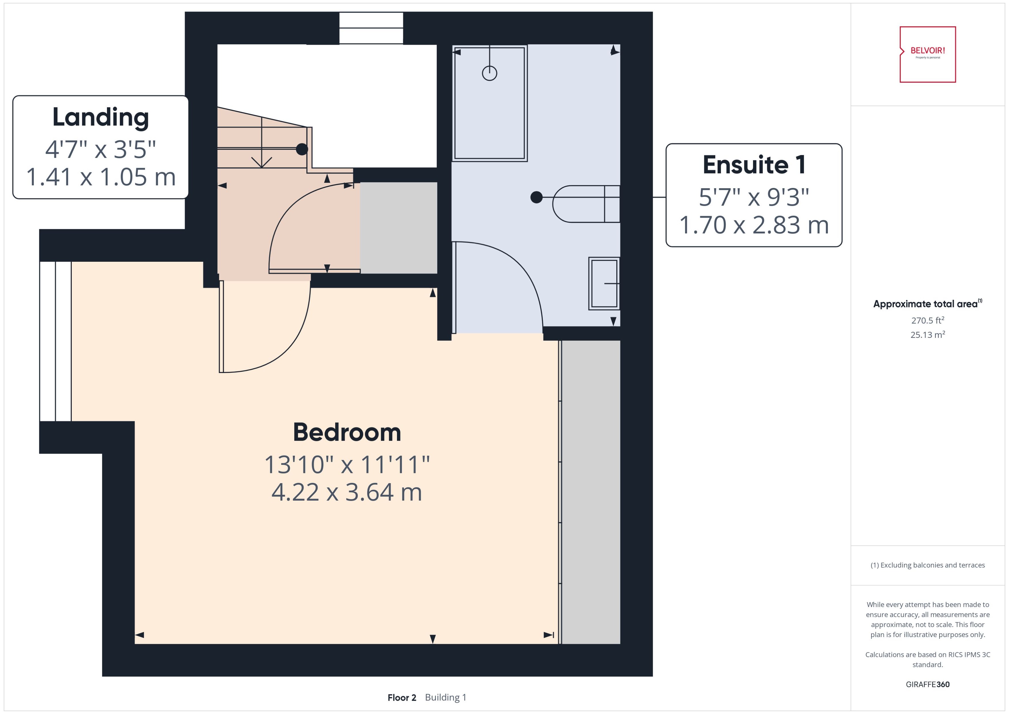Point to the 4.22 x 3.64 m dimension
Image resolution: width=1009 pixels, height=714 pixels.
coord(347,492)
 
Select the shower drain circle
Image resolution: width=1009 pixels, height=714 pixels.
coord(489,73)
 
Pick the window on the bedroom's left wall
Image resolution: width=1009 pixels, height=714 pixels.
coord(55,341)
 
